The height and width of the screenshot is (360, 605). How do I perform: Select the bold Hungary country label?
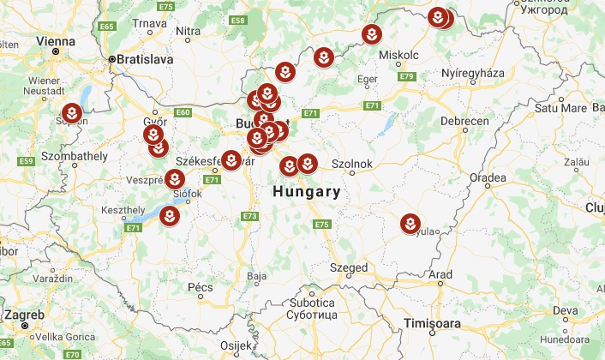(x=306, y=192)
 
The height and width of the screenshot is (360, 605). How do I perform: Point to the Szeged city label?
(x=348, y=268)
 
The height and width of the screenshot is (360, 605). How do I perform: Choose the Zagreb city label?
(x=25, y=316)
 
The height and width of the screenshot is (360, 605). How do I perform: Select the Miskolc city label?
(x=397, y=54)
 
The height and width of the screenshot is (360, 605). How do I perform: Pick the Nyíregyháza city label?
(x=470, y=75)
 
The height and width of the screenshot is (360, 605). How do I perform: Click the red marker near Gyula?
(x=410, y=224)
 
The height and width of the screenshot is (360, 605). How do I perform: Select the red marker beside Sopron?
(x=72, y=112)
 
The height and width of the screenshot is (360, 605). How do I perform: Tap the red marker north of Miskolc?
(x=370, y=34)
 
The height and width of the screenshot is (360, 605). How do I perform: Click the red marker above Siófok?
(x=174, y=179)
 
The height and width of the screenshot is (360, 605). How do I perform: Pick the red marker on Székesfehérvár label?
(x=231, y=159)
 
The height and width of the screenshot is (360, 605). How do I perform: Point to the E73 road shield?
(x=249, y=216)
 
